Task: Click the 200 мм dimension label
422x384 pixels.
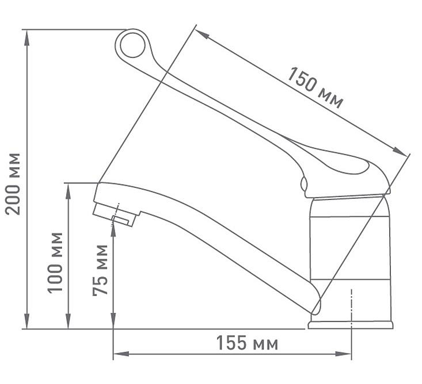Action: pyautogui.click(x=13, y=184)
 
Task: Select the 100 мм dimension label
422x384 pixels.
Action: pyautogui.click(x=55, y=263)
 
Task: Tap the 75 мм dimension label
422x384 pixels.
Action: pyautogui.click(x=100, y=270)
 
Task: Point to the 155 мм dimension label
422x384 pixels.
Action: pyautogui.click(x=247, y=343)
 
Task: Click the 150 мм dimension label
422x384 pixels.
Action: pyautogui.click(x=315, y=87)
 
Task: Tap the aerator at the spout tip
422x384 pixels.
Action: pyautogui.click(x=116, y=215)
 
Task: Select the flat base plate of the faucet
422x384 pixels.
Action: pyautogui.click(x=351, y=325)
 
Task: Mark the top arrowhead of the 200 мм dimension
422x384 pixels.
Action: pyautogui.click(x=26, y=38)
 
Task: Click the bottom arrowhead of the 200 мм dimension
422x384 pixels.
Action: pyautogui.click(x=26, y=321)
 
